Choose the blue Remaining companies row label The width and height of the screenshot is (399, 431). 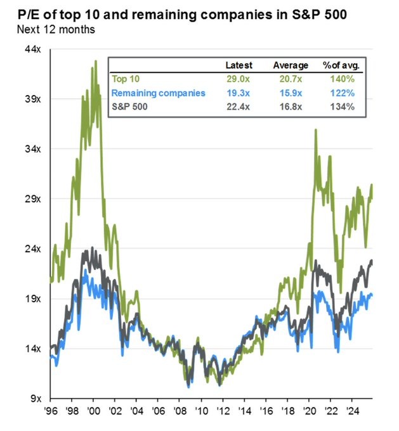pos(158,93)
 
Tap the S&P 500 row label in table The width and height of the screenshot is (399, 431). pos(129,106)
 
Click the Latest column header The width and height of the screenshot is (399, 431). pos(239,65)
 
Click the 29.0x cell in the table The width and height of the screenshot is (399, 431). pos(240,79)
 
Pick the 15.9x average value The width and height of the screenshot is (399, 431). pos(292,93)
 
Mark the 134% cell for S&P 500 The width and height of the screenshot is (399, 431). pos(342,106)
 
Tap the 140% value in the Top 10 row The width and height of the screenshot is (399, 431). pos(342,79)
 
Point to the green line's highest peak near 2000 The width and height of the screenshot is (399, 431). pos(96,61)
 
